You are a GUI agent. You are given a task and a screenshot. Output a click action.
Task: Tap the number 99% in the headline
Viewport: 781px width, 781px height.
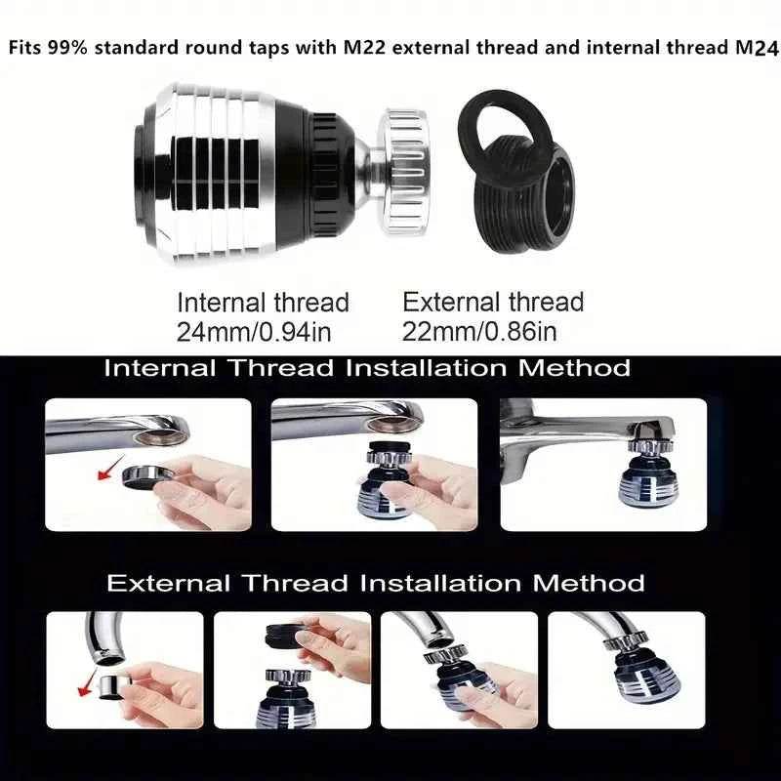(67, 48)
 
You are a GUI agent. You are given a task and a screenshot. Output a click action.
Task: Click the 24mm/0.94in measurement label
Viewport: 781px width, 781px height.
(254, 332)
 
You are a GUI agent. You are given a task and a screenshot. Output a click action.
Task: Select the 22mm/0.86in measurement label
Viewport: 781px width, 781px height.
(479, 332)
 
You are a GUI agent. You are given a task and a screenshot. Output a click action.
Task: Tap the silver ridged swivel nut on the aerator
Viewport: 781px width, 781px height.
(403, 172)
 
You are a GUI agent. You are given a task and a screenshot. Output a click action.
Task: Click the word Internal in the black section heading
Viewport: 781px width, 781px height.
(160, 369)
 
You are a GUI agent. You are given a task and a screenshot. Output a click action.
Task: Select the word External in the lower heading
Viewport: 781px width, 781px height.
(168, 583)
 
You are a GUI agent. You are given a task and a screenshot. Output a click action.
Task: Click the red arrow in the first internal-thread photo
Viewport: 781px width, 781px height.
(110, 469)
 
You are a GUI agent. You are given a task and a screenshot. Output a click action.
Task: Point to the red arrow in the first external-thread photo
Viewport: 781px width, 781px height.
(88, 682)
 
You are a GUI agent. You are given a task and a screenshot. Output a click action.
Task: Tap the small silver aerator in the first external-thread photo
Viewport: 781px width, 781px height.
(112, 687)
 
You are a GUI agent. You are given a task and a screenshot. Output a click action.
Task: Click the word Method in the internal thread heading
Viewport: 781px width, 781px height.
(574, 369)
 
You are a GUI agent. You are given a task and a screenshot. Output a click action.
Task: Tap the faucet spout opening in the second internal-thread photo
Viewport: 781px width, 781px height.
(395, 425)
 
